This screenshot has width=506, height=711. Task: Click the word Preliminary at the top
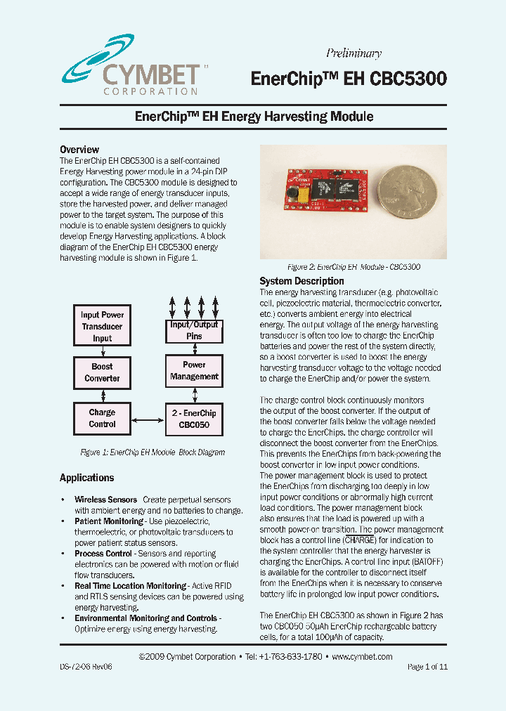(x=353, y=53)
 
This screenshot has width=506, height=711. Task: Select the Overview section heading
(x=79, y=150)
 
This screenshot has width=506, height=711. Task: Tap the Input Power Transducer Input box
(x=102, y=327)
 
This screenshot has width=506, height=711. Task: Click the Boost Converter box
(x=102, y=372)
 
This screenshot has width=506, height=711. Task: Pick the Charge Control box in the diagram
(x=102, y=418)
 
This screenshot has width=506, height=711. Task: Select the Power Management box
(x=194, y=371)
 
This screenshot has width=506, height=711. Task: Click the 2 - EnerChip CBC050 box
(x=194, y=419)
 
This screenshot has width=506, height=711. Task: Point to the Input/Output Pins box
(x=194, y=331)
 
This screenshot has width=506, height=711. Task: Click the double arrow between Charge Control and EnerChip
(x=148, y=420)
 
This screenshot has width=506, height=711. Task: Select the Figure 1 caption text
(x=153, y=452)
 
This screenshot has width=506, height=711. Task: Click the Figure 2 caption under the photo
(x=353, y=268)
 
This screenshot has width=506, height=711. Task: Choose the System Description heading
(x=301, y=281)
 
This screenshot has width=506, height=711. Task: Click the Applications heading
(x=86, y=478)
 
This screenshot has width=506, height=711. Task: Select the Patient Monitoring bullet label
(x=108, y=521)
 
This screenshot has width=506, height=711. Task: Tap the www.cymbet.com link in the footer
(x=361, y=657)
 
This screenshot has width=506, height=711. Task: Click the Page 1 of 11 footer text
(x=427, y=667)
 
